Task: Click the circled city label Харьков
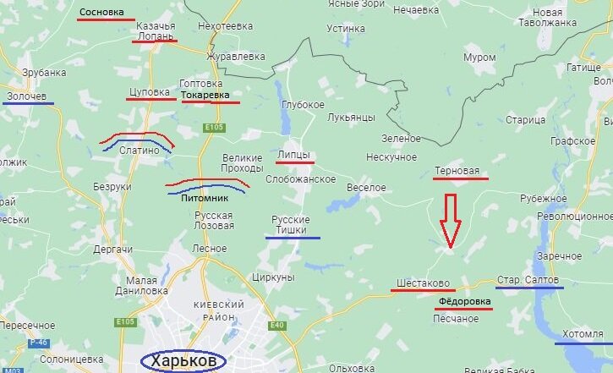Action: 183,361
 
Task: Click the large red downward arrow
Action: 450,221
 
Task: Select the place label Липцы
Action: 294,154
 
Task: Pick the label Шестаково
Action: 423,282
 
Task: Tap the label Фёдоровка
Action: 463,300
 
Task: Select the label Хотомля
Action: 583,334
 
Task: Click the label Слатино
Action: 140,150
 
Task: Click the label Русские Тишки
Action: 290,225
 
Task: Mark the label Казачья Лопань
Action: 156,31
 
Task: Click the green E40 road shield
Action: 275,325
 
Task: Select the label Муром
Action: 480,57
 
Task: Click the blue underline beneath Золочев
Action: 28,104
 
